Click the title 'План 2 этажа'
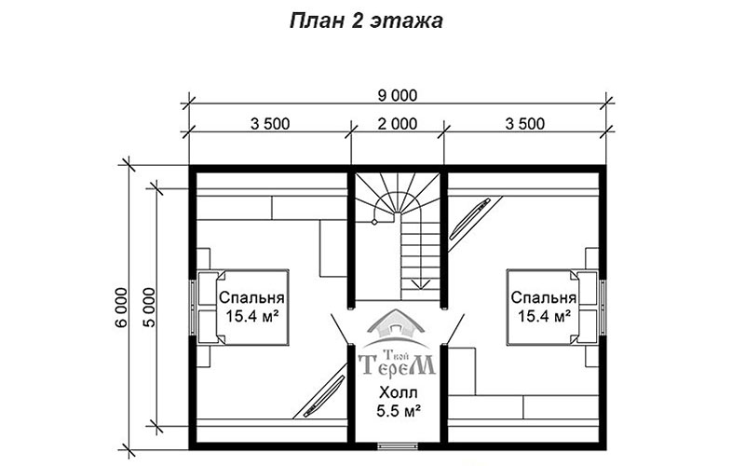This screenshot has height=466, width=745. [366, 21]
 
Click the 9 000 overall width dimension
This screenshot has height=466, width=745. [398, 96]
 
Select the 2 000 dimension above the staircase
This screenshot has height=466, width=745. [398, 124]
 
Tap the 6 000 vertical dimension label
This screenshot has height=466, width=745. [121, 308]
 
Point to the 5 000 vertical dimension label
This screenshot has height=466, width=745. [149, 308]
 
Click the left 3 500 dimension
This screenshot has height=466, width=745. [270, 124]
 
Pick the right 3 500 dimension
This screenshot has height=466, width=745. [525, 124]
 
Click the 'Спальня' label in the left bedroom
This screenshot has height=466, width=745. [251, 298]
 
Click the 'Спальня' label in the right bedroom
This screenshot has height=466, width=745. [544, 298]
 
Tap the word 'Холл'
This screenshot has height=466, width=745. [399, 392]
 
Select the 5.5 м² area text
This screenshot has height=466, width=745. [399, 410]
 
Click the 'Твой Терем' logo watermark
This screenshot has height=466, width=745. [397, 343]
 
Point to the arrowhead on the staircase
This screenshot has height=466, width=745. [421, 284]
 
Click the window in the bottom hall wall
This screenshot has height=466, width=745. [399, 446]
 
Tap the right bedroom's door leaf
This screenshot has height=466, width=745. [455, 328]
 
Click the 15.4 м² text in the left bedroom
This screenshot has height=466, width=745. [251, 316]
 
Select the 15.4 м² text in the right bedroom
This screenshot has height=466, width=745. [544, 316]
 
